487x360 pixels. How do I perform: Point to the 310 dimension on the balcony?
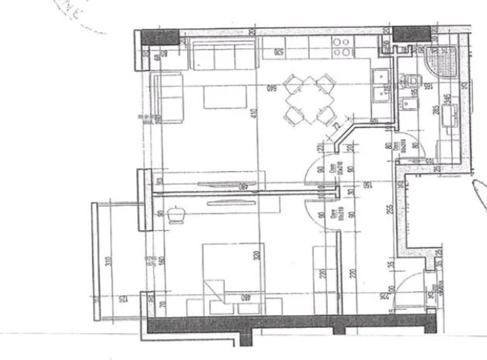pyautogui.click(x=108, y=262)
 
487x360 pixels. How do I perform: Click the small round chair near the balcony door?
pyautogui.click(x=178, y=214)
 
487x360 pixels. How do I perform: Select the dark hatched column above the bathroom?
pyautogui.click(x=412, y=34)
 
